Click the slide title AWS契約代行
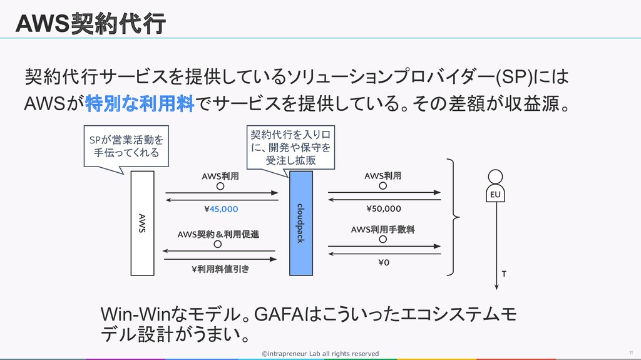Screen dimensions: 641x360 pyautogui.click(x=90, y=23)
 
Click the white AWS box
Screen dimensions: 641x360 pyautogui.click(x=142, y=224)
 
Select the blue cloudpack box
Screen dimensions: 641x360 pyautogui.click(x=301, y=224)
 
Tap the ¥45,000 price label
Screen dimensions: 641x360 pyautogui.click(x=221, y=209)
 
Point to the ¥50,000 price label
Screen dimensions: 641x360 pyautogui.click(x=384, y=208)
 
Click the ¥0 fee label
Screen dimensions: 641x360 pyautogui.click(x=384, y=262)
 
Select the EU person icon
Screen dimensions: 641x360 pyautogui.click(x=496, y=186)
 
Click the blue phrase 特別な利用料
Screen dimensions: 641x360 pyautogui.click(x=140, y=103)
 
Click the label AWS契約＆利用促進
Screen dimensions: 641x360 pyautogui.click(x=218, y=234)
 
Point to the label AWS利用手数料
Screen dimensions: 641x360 pyautogui.click(x=382, y=230)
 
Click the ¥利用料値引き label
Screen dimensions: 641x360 pyautogui.click(x=220, y=269)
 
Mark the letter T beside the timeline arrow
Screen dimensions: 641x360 pyautogui.click(x=504, y=274)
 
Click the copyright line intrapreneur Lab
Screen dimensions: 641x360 pyautogui.click(x=320, y=354)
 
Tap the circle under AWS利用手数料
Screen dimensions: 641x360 pyautogui.click(x=382, y=239)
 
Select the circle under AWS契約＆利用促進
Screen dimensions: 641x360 pyautogui.click(x=218, y=244)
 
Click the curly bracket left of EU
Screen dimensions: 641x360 pyautogui.click(x=453, y=217)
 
